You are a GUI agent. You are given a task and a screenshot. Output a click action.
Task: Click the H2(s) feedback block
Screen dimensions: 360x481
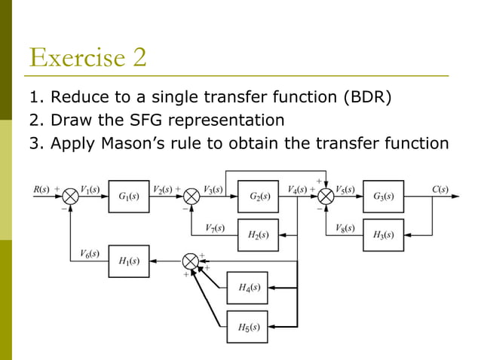(x=258, y=234)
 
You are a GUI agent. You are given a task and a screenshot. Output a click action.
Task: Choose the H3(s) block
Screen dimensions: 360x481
(x=383, y=234)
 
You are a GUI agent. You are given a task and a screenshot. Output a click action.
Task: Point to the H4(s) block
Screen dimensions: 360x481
(x=248, y=287)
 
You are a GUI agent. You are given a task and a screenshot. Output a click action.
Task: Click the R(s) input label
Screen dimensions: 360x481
(x=41, y=189)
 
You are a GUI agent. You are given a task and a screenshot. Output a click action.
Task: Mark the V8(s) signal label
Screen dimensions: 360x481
(x=345, y=227)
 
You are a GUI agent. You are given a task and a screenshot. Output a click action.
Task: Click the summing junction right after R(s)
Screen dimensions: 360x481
(x=70, y=197)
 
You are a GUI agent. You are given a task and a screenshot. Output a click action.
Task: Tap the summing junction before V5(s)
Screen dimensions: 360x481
(x=326, y=197)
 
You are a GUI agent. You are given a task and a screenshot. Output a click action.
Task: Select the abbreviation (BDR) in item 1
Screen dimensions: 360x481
(x=366, y=98)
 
